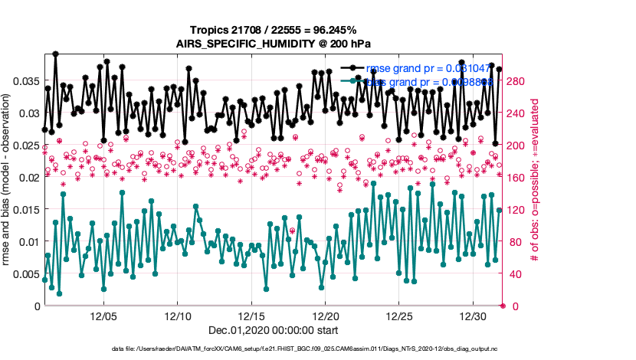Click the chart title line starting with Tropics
coord(274,30)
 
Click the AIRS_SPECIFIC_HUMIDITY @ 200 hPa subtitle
coord(274,44)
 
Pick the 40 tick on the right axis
coord(512,273)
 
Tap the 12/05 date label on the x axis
coord(104,316)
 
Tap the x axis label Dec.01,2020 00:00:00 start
coord(274,330)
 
